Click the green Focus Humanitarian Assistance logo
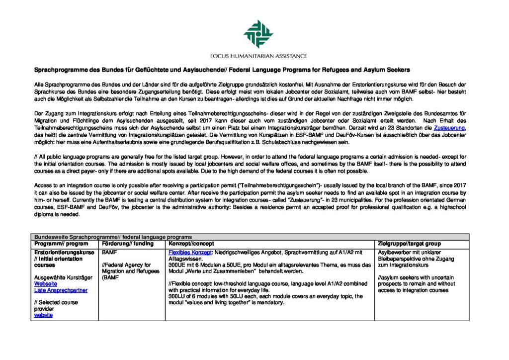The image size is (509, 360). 258,34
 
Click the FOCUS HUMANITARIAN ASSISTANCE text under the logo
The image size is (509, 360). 258,56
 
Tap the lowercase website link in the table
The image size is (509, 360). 43,315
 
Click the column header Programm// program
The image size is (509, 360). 61,244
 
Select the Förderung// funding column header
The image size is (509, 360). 124,244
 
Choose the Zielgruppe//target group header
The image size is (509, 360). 409,244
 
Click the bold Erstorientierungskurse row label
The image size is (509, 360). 64,253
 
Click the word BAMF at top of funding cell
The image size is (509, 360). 109,253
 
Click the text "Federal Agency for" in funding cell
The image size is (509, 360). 127,265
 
